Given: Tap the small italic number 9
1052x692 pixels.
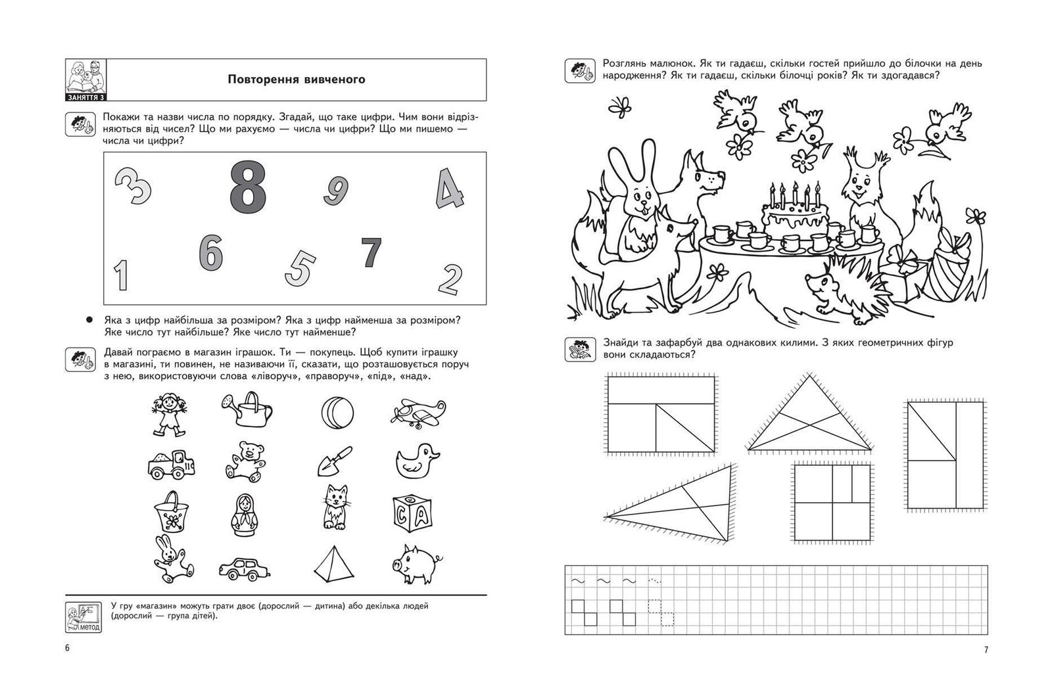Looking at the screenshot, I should click(x=335, y=190).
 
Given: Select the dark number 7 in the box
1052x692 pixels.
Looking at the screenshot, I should click(x=371, y=252).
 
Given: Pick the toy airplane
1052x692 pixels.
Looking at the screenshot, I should click(x=417, y=411).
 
